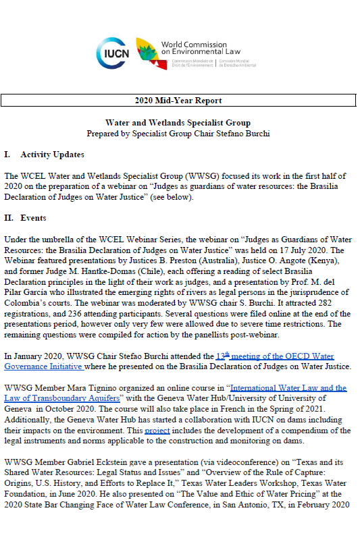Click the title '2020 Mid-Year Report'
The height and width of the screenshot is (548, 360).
coord(178,101)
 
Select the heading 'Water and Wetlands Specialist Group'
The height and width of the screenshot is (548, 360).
coord(178,123)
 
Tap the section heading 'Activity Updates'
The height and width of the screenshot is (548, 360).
coord(52,155)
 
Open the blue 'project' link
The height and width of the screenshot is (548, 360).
coord(157,430)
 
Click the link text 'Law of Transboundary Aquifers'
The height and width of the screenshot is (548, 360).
coord(61,398)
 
